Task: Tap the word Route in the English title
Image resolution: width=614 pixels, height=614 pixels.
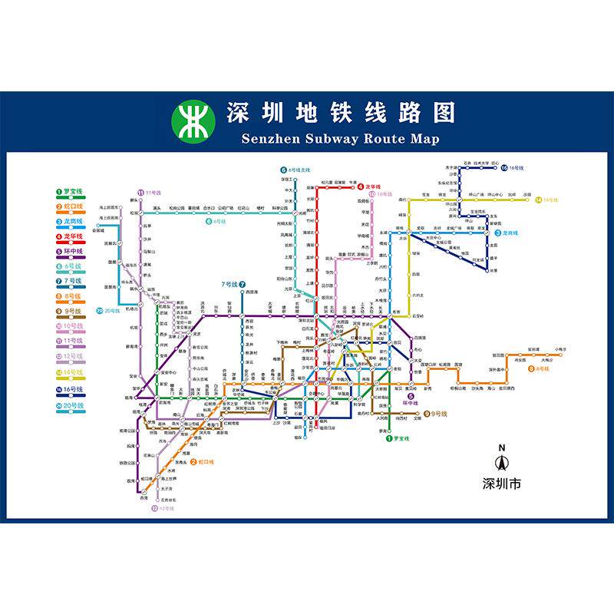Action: pyautogui.click(x=363, y=139)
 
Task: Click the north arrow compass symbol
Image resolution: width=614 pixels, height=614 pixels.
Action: pyautogui.click(x=501, y=464)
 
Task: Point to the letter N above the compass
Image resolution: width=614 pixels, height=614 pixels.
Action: pyautogui.click(x=501, y=448)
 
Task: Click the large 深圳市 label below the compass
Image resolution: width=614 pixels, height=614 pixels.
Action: pyautogui.click(x=501, y=484)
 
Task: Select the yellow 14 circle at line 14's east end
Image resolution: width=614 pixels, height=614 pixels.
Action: pyautogui.click(x=539, y=200)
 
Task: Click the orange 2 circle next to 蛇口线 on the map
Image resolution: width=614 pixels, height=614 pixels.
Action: pyautogui.click(x=193, y=461)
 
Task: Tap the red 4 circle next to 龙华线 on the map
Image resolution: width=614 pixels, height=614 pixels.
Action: pyautogui.click(x=360, y=187)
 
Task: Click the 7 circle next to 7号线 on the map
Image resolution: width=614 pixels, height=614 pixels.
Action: pyautogui.click(x=242, y=285)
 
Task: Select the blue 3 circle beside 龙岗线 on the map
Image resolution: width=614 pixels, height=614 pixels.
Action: pyautogui.click(x=497, y=233)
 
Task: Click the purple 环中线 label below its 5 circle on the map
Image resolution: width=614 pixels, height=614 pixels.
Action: pyautogui.click(x=411, y=402)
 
